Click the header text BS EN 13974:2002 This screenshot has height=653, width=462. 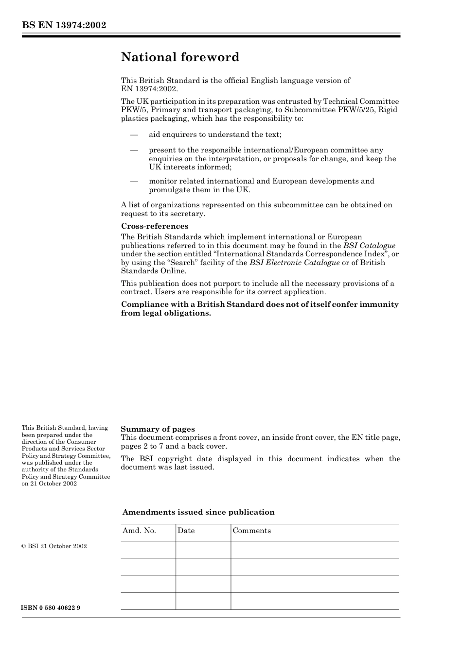[64, 25]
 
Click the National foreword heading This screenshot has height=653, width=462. [180, 57]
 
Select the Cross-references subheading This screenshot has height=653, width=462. [154, 226]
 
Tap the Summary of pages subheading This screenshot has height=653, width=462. [158, 429]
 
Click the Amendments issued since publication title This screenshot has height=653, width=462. [198, 512]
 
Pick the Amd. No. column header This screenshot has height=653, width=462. [139, 531]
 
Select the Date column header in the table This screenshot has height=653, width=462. [186, 531]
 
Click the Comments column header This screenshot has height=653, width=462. [251, 531]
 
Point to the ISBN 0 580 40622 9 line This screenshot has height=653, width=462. [51, 608]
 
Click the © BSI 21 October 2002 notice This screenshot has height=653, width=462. [54, 546]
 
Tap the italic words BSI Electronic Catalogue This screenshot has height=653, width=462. [294, 263]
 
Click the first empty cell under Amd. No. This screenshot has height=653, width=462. [148, 550]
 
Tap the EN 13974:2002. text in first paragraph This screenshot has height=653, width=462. [149, 89]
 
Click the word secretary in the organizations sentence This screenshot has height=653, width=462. [187, 214]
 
